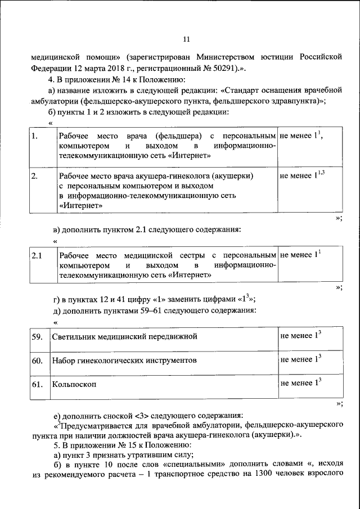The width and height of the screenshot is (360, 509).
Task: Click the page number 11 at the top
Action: (x=187, y=39)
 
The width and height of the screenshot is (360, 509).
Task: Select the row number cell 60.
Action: (x=37, y=360)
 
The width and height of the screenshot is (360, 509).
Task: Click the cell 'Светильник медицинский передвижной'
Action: (x=124, y=337)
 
